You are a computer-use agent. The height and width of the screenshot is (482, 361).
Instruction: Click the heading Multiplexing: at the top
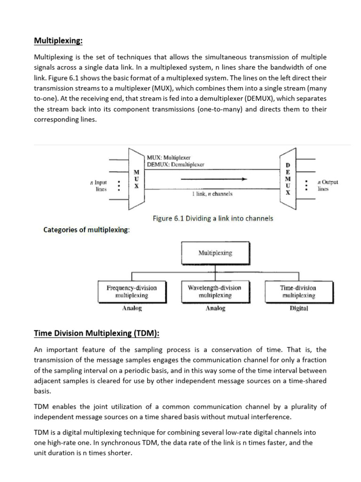pyautogui.click(x=58, y=41)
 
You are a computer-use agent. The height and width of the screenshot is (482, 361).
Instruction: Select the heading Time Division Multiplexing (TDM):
pyautogui.click(x=97, y=333)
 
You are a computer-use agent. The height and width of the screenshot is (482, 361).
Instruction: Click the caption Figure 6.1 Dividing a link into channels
pyautogui.click(x=213, y=218)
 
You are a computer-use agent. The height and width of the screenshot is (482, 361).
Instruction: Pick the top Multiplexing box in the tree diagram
pyautogui.click(x=215, y=253)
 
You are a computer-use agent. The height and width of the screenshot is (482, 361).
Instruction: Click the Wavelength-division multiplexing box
pyautogui.click(x=214, y=291)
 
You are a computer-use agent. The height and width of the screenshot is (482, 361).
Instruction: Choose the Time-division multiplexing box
pyautogui.click(x=298, y=291)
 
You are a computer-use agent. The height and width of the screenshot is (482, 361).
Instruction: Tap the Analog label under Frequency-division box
pyautogui.click(x=132, y=309)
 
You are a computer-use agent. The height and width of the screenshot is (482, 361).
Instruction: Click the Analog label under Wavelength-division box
pyautogui.click(x=215, y=309)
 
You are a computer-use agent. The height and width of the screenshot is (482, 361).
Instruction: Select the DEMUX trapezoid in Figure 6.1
pyautogui.click(x=288, y=179)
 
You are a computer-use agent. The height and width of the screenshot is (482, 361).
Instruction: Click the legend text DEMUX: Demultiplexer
pyautogui.click(x=175, y=164)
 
